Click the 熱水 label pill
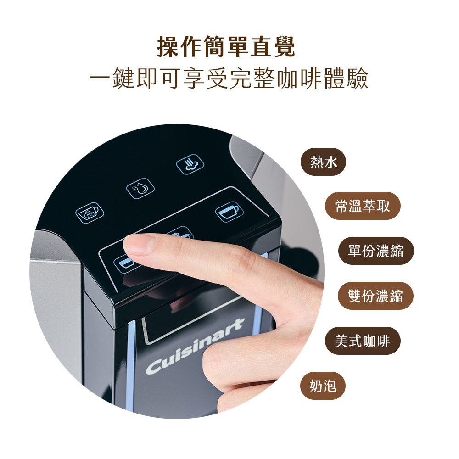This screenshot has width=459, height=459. click(x=323, y=162)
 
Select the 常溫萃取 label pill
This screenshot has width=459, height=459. click(x=363, y=206)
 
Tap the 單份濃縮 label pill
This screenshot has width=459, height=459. click(x=376, y=251)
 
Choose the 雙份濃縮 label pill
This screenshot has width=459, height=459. click(x=375, y=296)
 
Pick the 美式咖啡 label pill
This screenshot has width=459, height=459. click(x=363, y=341)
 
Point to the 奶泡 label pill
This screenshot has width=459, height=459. click(x=323, y=386)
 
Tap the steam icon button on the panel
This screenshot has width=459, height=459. click(x=190, y=164)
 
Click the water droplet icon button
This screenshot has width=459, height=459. click(x=140, y=188)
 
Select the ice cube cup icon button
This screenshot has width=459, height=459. click(x=90, y=213)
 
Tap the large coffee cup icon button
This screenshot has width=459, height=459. click(x=229, y=212)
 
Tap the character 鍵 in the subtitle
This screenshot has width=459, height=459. click(x=124, y=78)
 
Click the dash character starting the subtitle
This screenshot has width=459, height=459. click(x=101, y=78)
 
